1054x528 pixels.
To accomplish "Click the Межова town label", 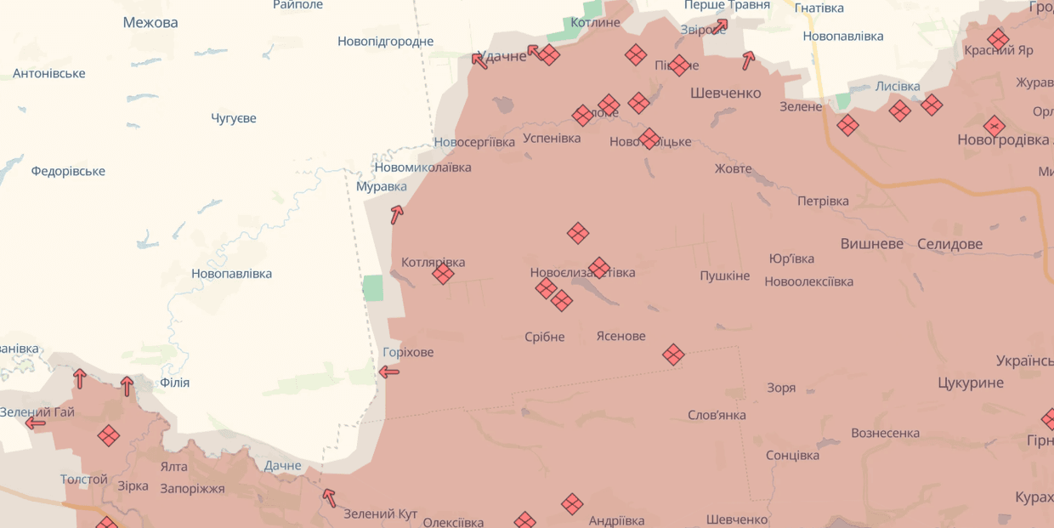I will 150,23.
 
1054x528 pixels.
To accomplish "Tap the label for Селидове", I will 949,244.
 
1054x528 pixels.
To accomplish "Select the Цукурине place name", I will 971,383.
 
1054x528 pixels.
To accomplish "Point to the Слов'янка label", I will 717,415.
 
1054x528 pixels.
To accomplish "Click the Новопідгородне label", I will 385,41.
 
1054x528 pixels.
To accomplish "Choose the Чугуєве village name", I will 234,118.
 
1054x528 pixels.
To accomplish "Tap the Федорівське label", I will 68,171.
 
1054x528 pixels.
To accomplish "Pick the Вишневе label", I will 872,244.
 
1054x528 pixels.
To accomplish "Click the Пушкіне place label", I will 724,275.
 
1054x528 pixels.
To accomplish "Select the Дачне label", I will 282,465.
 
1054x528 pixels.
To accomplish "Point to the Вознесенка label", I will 885,433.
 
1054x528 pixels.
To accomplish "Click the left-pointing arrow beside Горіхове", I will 388,372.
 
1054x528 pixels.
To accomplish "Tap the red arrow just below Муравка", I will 396,214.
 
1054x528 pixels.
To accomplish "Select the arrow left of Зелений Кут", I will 329,497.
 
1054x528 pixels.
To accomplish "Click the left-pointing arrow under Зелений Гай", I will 36,423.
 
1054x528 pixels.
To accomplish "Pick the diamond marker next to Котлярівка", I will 443,274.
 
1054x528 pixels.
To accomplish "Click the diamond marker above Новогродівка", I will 994,127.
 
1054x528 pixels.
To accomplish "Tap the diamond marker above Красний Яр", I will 998,39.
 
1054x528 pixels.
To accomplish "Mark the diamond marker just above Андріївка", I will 572,504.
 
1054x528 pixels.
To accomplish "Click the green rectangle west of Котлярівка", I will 373,288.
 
